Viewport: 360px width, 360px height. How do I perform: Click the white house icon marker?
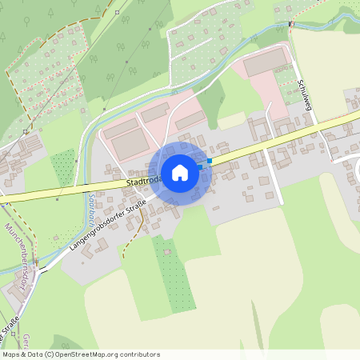[179, 172]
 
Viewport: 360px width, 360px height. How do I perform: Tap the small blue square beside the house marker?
[210, 161]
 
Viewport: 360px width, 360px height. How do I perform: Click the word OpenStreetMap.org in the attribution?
[105, 354]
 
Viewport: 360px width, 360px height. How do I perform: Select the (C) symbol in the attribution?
[50, 354]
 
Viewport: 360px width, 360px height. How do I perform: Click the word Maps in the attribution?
[12, 354]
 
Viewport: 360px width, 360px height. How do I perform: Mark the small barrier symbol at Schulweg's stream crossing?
[292, 23]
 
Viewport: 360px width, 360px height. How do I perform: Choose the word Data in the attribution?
[34, 354]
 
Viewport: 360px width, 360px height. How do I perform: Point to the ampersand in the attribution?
[24, 354]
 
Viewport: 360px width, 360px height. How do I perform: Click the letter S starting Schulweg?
[298, 82]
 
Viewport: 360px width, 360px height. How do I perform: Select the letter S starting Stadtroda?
[128, 185]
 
